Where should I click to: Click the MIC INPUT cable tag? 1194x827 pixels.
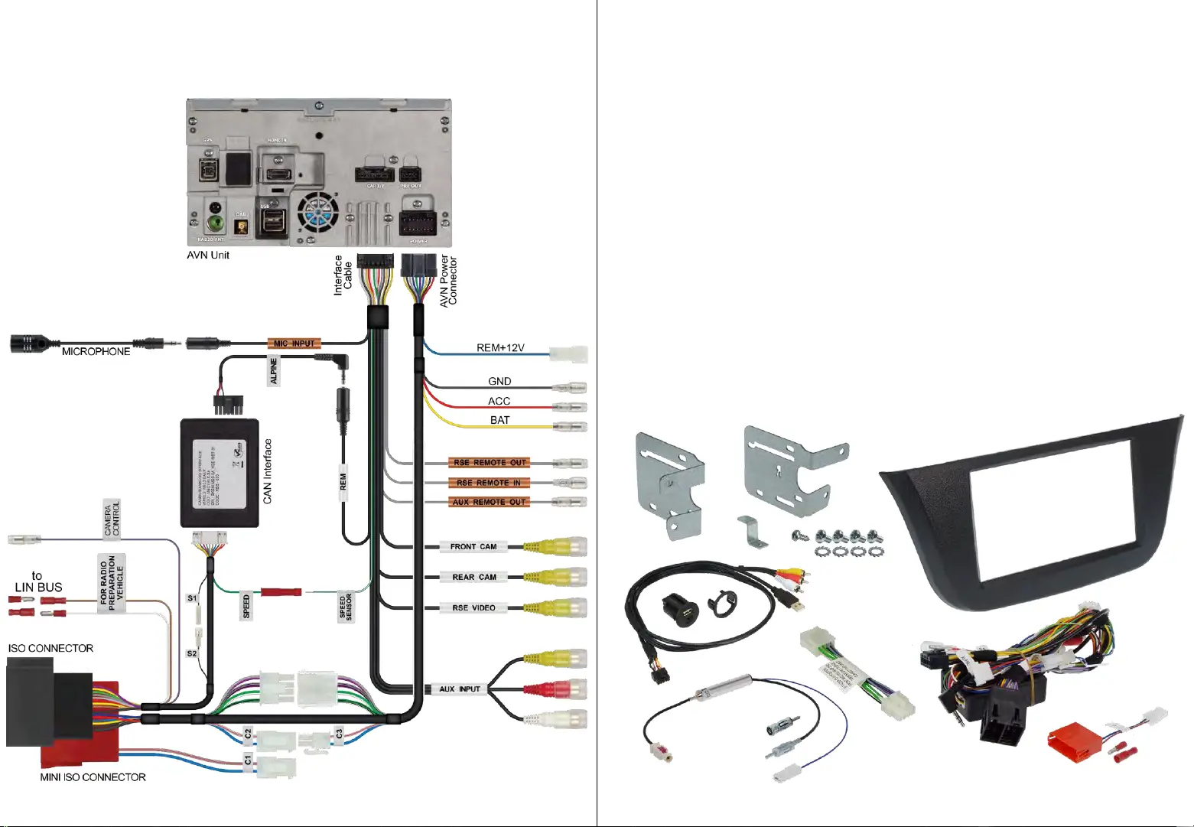pos(294,343)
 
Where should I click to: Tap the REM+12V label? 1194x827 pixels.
pos(500,348)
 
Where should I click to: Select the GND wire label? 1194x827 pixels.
pos(499,381)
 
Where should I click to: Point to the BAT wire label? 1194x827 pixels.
pos(499,420)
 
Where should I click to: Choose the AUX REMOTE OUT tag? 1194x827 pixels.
pos(490,502)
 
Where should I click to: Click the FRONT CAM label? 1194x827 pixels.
pos(473,546)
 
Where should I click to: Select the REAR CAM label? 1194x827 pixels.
pos(473,577)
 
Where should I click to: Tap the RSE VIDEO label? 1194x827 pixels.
pos(473,608)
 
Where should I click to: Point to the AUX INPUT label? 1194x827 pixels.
pos(460,689)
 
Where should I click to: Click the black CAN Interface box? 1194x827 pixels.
pos(220,473)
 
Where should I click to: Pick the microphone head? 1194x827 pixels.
pos(31,343)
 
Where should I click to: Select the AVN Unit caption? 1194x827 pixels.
pos(208,255)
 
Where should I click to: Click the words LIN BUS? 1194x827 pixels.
pos(39,588)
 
